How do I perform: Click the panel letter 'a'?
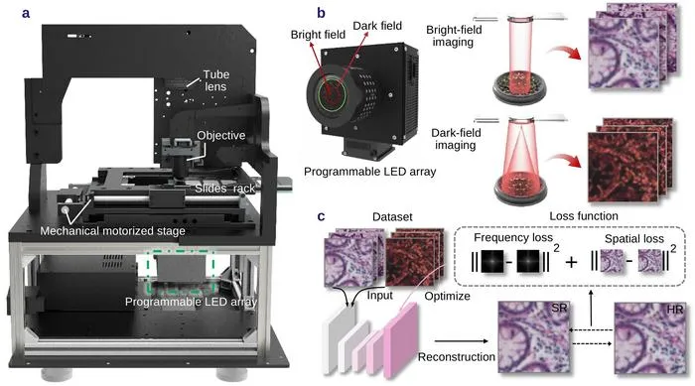26,13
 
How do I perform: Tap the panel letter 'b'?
322,13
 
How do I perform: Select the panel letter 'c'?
322,216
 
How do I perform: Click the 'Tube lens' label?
215,80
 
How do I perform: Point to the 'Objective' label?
221,135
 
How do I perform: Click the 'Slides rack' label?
225,189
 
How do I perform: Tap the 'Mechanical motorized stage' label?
112,231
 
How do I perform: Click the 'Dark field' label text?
377,26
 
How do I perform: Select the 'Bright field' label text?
318,35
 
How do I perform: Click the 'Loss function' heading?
584,216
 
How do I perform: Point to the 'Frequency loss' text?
513,237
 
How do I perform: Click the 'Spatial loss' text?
634,239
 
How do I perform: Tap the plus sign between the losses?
571,262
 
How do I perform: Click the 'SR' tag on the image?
559,308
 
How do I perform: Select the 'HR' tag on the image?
674,310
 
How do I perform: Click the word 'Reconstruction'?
457,357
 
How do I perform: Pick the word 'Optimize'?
447,296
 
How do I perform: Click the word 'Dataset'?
392,216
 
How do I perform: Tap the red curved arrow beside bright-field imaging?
564,58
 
